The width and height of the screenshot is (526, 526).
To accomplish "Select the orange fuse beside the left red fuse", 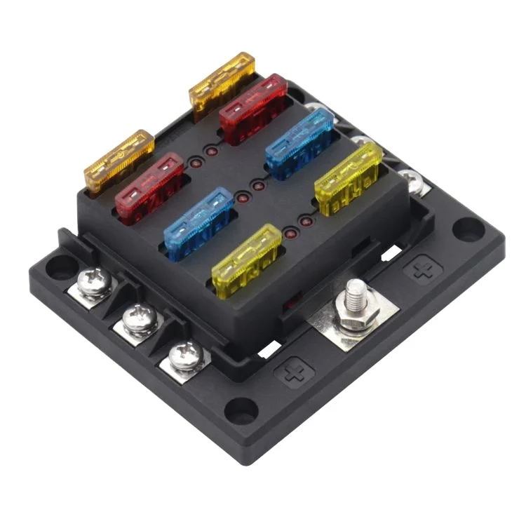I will point(119,161).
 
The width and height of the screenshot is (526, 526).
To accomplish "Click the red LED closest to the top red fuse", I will point(211,151).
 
